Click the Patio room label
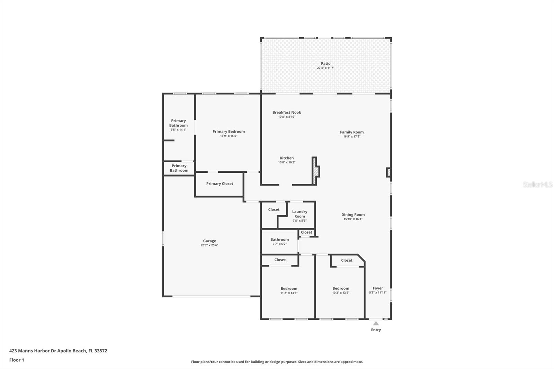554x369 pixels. (x=325, y=64)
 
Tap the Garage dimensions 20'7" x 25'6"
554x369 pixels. (x=209, y=245)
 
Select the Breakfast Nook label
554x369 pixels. (x=287, y=112)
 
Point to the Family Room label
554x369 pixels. (x=352, y=132)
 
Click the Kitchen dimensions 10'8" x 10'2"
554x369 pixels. (x=287, y=162)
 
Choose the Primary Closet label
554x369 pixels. (x=220, y=183)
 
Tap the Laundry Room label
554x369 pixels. (x=300, y=214)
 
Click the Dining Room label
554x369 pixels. (x=353, y=215)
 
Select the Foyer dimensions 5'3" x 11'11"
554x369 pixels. (x=378, y=292)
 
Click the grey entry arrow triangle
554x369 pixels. (x=376, y=324)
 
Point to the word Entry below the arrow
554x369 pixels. (x=376, y=330)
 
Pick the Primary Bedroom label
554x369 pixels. (x=229, y=132)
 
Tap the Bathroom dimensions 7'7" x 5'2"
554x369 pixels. (x=279, y=244)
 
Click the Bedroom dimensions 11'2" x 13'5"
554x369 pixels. (x=289, y=293)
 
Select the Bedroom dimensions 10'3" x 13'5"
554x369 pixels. (x=341, y=292)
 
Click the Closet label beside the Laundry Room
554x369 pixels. (x=274, y=209)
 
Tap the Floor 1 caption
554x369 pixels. (x=17, y=360)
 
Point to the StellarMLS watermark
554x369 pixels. (x=538, y=184)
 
